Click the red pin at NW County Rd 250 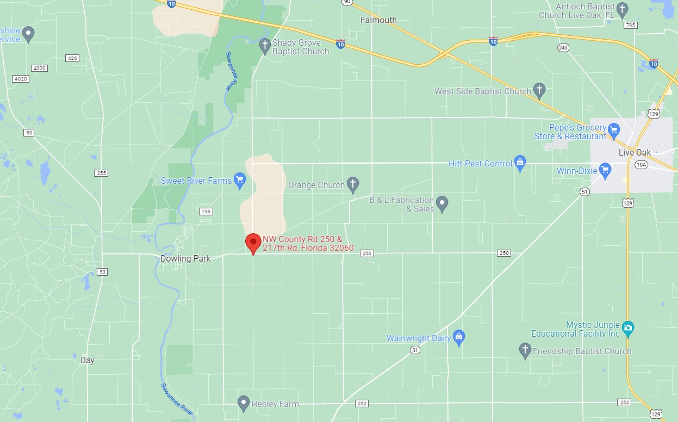[x=253, y=242]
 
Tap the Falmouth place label [x=378, y=20]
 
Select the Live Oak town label [x=635, y=152]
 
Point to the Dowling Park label [x=185, y=258]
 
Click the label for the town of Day [x=87, y=360]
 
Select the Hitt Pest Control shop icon [x=520, y=163]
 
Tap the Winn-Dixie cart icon [x=605, y=171]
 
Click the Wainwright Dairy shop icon [x=459, y=338]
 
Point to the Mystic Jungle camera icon [x=628, y=328]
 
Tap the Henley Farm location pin [x=244, y=403]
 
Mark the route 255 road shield [x=101, y=173]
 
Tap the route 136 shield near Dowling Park [x=206, y=211]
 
